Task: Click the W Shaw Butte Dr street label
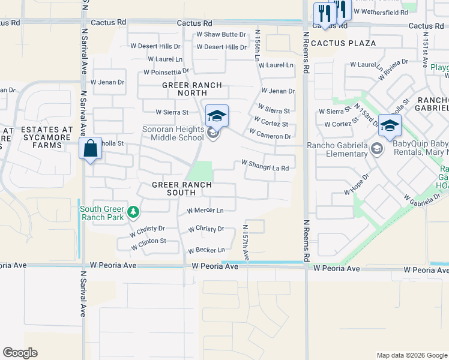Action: click(221, 35)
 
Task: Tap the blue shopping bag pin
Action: click(90, 149)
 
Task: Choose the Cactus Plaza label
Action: click(343, 43)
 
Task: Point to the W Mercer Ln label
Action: click(205, 211)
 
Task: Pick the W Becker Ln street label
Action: click(206, 250)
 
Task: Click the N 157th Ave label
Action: click(246, 242)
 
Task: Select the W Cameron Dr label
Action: click(270, 136)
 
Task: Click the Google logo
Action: click(20, 353)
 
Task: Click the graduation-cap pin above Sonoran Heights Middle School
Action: click(217, 115)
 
